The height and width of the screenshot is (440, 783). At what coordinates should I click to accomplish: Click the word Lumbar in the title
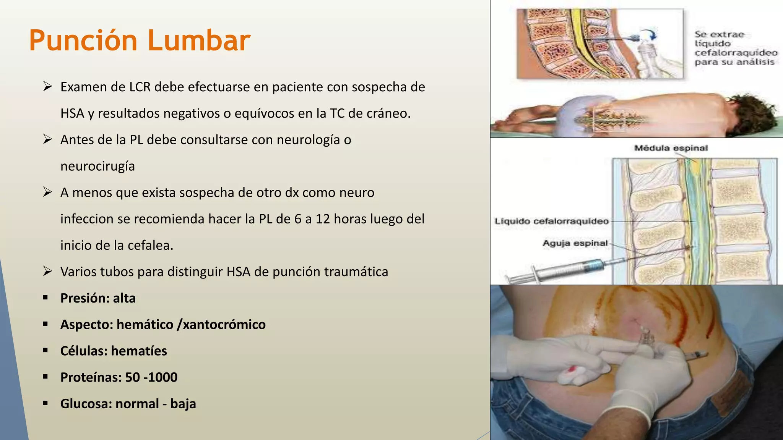pos(199,40)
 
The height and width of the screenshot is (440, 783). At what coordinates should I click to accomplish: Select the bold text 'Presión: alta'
pos(98,298)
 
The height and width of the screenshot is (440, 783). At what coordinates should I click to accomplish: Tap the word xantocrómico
pos(224,325)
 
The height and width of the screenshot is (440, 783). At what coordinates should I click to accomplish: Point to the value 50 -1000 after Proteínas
pos(151,377)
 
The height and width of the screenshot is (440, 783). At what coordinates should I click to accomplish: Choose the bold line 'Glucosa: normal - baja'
pos(128,404)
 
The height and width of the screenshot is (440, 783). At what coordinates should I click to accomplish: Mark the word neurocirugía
pos(97,167)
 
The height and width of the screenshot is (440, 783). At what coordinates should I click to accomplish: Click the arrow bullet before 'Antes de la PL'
pos(47,139)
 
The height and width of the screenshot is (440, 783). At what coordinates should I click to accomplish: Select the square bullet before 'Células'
pos(45,350)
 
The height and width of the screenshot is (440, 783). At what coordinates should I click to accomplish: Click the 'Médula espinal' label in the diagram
pos(671,148)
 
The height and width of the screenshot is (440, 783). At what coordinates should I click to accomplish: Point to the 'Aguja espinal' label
pos(575,243)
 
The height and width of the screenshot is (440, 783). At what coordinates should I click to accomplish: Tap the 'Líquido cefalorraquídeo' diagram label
pos(551,221)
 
